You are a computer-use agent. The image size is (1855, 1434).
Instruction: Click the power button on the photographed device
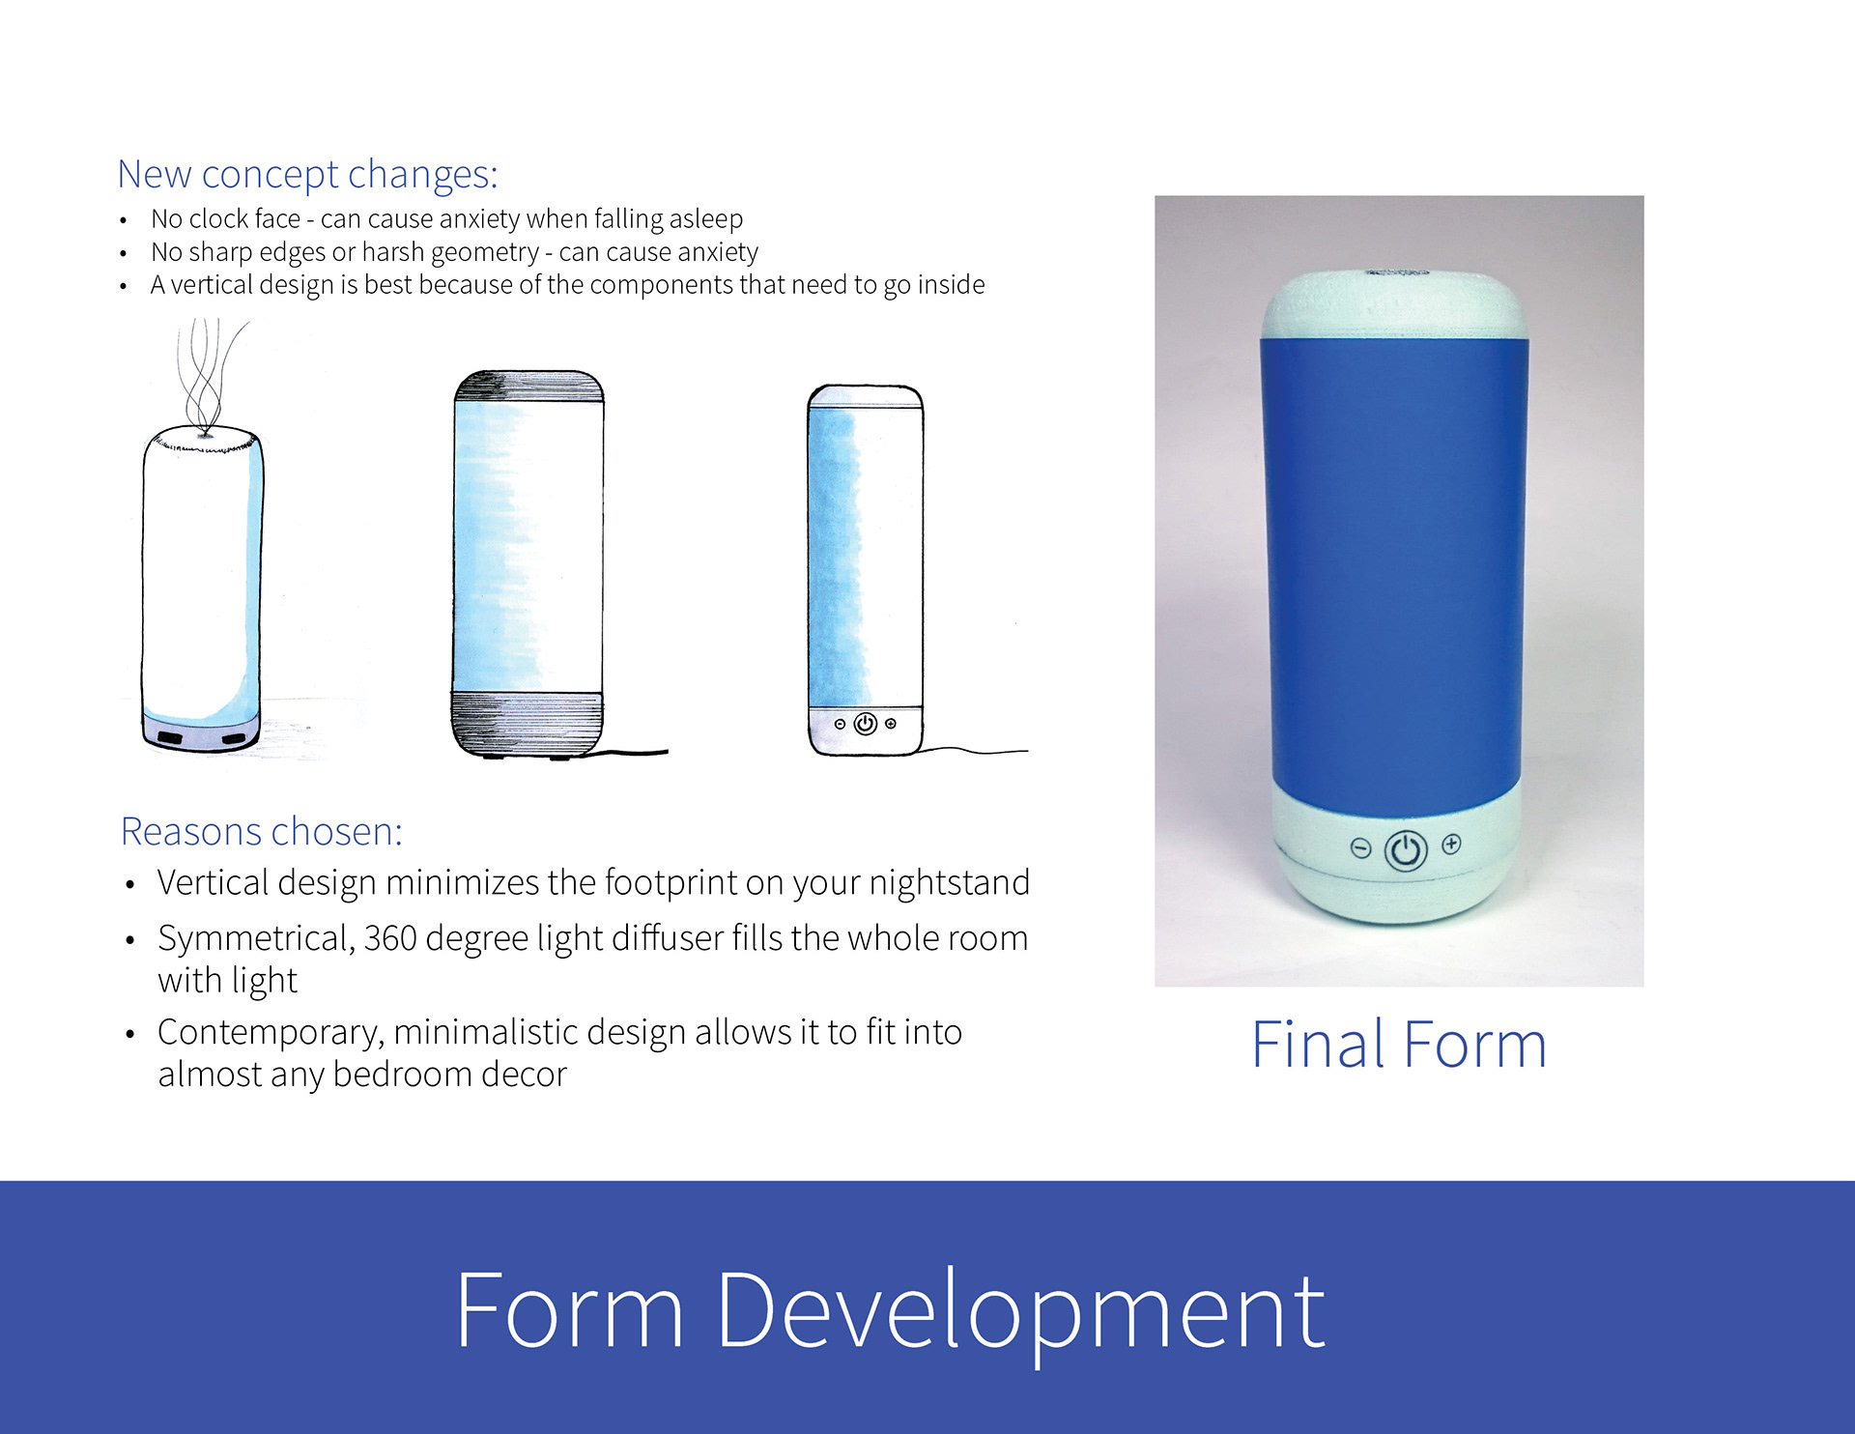click(x=1406, y=851)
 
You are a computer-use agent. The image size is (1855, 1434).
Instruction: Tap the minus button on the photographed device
click(x=1360, y=848)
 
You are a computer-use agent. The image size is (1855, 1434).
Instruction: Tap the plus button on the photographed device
click(x=1451, y=845)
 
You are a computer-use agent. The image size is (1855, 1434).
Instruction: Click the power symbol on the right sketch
click(x=866, y=723)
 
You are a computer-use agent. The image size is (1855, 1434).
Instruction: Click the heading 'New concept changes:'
click(x=307, y=175)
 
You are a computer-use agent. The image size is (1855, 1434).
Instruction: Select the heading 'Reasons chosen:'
click(x=261, y=831)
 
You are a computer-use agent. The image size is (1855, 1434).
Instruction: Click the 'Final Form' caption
click(x=1399, y=1045)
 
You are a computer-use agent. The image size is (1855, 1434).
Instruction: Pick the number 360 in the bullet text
click(x=390, y=938)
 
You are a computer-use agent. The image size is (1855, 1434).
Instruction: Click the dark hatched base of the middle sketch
click(x=528, y=724)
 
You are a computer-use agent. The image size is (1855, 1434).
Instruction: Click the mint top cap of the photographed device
click(x=1395, y=303)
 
